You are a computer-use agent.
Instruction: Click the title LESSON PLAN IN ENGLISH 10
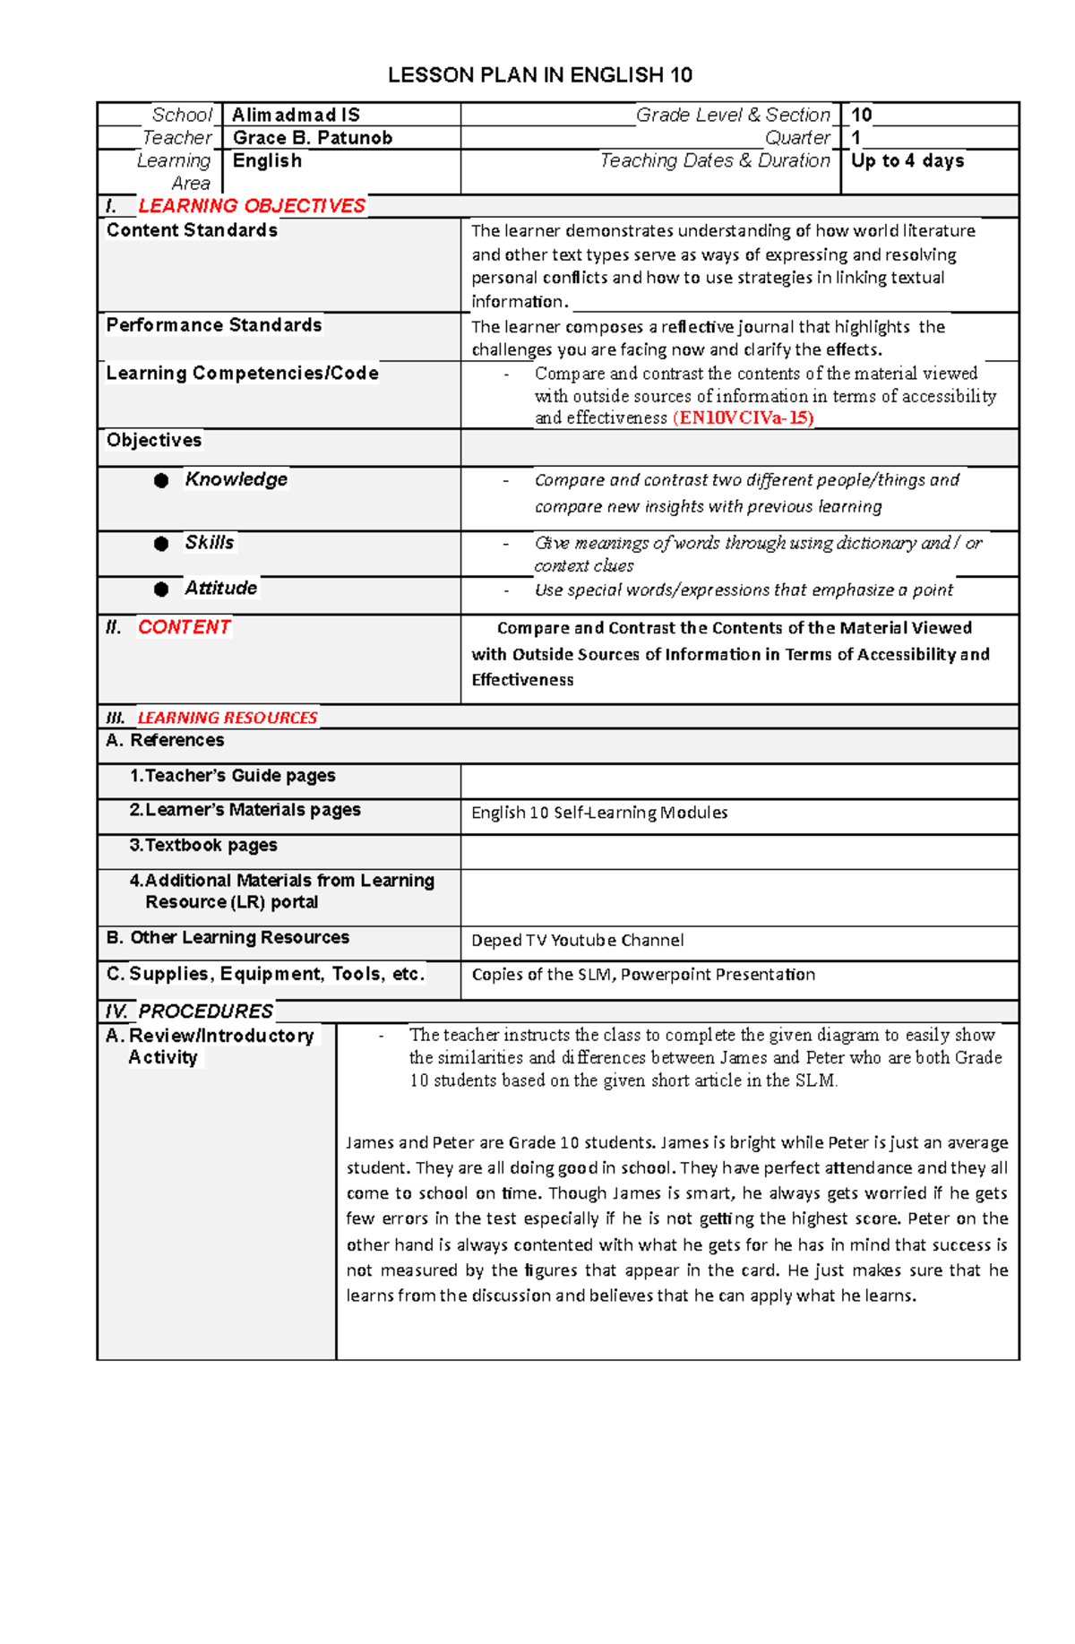click(x=539, y=75)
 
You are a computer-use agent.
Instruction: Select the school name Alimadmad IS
click(x=296, y=115)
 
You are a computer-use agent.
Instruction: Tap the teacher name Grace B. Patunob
click(x=312, y=138)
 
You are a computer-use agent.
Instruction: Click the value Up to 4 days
click(x=907, y=161)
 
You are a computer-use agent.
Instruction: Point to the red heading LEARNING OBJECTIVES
click(x=252, y=206)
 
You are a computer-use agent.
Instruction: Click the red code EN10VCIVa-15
click(x=744, y=418)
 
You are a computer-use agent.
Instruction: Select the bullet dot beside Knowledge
click(x=161, y=481)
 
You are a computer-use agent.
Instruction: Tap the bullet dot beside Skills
click(x=161, y=544)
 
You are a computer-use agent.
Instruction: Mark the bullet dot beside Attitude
click(x=161, y=590)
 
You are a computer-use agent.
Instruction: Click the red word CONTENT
click(x=185, y=627)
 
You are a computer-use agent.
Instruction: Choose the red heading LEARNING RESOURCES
click(x=227, y=718)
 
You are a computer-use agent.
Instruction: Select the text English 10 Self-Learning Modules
click(x=599, y=813)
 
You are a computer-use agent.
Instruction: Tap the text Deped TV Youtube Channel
click(x=577, y=941)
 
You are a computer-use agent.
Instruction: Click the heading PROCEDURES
click(x=205, y=1011)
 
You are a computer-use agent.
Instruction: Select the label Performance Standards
click(x=214, y=325)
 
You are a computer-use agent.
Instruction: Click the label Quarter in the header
click(x=797, y=138)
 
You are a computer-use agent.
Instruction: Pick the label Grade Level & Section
click(x=733, y=115)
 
